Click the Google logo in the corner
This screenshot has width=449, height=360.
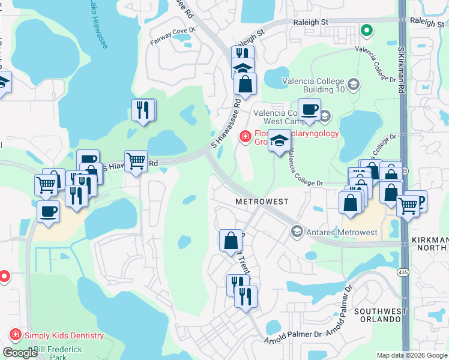[20, 352]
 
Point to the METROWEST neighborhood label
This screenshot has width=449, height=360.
[262, 202]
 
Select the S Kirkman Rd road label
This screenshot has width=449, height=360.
[401, 65]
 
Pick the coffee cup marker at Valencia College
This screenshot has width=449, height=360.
[309, 110]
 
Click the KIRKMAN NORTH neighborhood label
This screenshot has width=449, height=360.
[430, 244]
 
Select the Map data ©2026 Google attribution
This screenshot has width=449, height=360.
[412, 356]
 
